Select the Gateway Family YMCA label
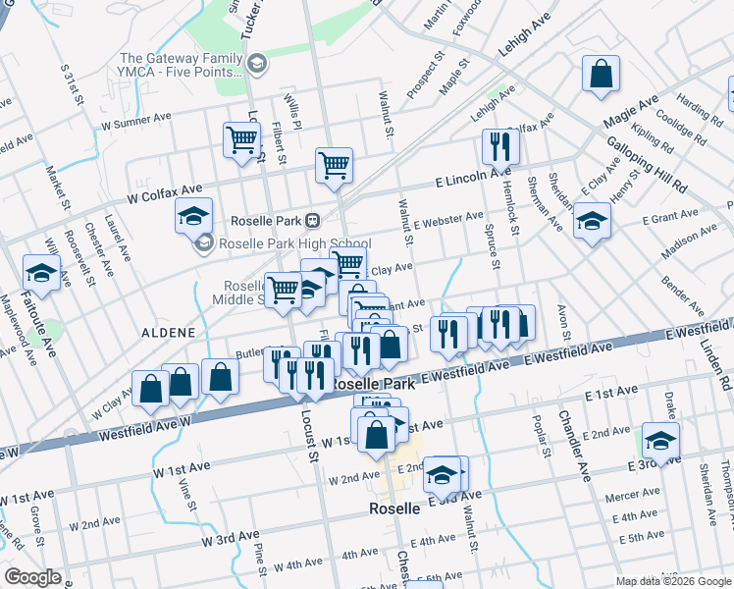tap(180, 65)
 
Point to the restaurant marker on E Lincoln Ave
tap(500, 147)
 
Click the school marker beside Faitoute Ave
tap(41, 272)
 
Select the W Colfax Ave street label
tap(163, 192)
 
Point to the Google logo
tap(32, 577)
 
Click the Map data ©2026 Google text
tap(672, 581)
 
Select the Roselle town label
tap(394, 509)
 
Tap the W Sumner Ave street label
tap(136, 121)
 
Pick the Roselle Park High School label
tap(281, 243)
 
